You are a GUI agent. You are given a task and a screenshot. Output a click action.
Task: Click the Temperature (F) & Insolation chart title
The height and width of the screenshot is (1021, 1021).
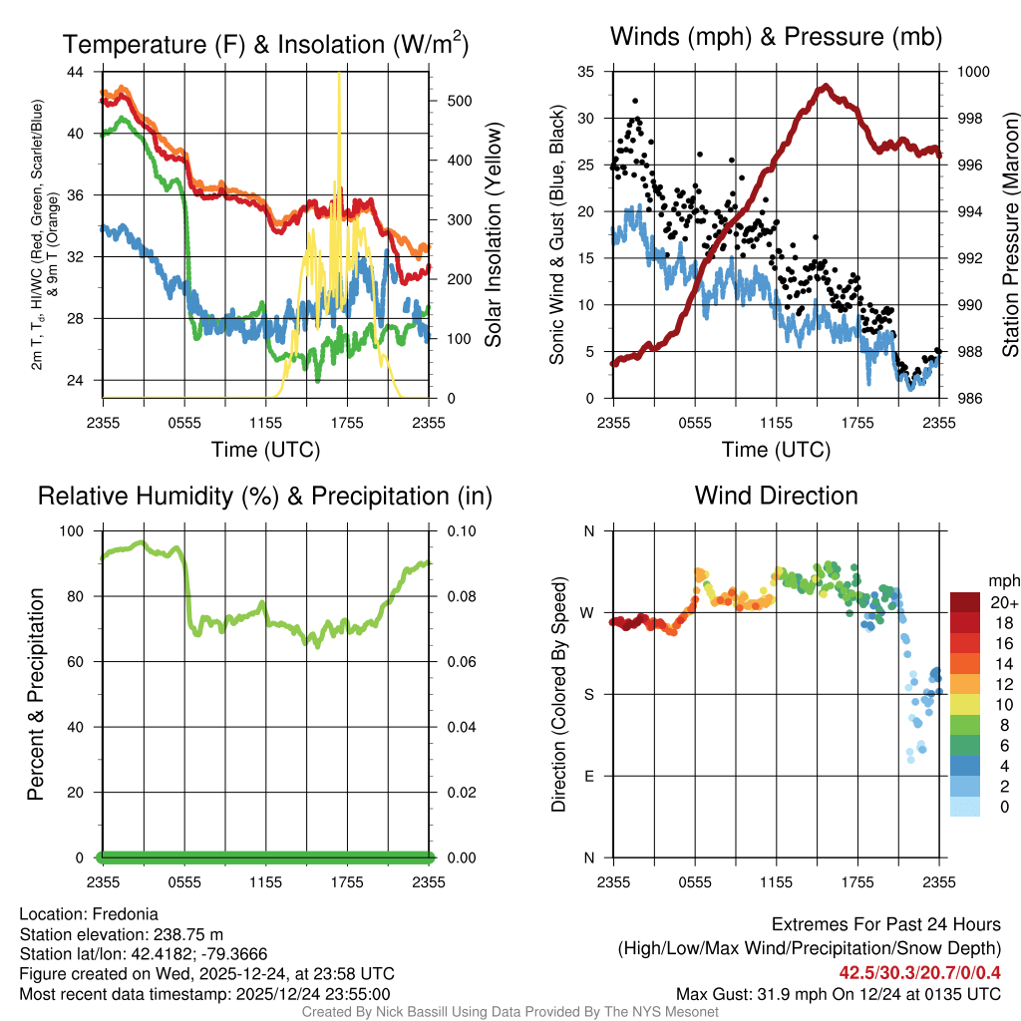(x=265, y=45)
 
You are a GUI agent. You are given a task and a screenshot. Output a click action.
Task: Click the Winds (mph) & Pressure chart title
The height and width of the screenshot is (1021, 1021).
(x=776, y=37)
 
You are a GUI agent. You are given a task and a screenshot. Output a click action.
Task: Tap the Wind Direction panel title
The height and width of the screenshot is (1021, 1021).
(x=776, y=496)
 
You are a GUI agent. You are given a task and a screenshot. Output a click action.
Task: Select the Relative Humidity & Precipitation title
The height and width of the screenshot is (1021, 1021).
(x=265, y=496)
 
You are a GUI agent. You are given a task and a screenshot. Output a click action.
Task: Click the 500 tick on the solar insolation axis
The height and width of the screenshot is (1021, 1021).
(x=460, y=101)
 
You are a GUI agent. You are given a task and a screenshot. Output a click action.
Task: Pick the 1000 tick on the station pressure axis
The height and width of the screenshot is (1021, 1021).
(x=973, y=72)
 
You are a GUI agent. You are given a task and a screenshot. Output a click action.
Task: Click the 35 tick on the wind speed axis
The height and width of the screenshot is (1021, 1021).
(x=586, y=72)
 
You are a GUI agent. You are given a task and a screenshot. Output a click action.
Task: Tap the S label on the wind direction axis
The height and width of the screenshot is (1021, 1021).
(x=589, y=694)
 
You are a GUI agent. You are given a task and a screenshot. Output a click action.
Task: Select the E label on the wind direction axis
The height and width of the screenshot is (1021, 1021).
(x=589, y=776)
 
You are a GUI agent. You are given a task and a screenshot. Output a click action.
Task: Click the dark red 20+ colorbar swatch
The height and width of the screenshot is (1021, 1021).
(x=966, y=603)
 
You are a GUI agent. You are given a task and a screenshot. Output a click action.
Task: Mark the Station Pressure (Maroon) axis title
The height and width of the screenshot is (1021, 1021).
(x=1009, y=235)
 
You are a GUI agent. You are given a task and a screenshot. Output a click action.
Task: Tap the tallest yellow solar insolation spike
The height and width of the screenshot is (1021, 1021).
(x=339, y=76)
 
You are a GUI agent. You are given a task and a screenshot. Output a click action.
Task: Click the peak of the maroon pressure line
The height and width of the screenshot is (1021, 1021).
(x=825, y=87)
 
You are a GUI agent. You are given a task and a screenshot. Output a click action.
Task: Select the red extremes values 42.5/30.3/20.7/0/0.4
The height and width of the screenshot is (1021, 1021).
(x=920, y=972)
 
